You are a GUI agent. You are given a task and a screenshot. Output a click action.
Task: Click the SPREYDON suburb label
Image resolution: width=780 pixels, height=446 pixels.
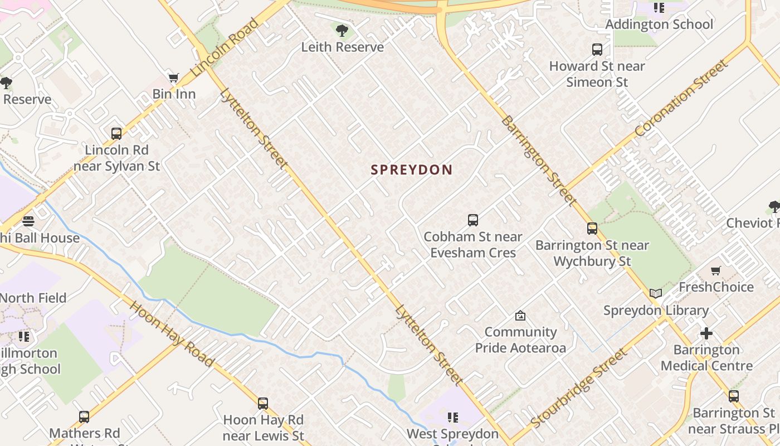[411, 170]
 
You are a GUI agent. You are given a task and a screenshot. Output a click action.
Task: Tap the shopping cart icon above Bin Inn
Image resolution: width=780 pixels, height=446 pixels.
[174, 78]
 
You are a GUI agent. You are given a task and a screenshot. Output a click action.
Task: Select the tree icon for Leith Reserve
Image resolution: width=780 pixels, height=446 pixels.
[342, 31]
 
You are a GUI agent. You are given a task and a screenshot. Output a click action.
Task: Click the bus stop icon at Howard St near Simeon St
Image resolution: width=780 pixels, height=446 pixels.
[597, 50]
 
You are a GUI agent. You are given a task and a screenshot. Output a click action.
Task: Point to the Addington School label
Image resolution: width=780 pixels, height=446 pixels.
[659, 25]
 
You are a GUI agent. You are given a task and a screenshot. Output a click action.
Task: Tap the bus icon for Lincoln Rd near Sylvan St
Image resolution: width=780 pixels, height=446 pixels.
[116, 134]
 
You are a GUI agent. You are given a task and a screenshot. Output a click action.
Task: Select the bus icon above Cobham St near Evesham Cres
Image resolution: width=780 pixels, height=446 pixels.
[472, 220]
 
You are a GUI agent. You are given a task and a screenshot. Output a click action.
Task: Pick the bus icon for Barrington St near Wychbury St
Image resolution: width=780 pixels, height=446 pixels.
[592, 229]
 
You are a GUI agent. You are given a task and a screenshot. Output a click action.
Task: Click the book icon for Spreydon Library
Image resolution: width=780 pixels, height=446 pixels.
[656, 294]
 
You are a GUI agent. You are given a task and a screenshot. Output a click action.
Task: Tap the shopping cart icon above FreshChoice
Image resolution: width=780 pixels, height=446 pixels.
[715, 271]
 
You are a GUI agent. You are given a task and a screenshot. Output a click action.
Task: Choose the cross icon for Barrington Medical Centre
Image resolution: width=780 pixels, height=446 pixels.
[706, 333]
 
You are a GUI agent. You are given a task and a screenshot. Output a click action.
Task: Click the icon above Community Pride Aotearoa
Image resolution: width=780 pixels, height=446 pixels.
[520, 316]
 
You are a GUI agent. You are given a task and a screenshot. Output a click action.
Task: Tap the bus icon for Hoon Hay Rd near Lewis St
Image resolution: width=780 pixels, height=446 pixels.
[263, 403]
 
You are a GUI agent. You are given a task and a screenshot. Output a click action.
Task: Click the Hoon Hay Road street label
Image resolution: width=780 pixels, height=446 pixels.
[172, 334]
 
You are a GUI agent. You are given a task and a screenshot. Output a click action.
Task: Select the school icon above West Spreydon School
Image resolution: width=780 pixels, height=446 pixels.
[452, 417]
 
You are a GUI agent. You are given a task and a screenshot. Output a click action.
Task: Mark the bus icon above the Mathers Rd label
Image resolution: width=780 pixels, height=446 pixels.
[84, 416]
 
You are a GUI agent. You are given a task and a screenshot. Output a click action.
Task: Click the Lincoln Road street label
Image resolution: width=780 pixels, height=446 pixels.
[225, 48]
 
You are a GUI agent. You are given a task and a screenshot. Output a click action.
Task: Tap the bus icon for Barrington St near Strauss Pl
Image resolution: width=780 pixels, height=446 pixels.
[733, 396]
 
